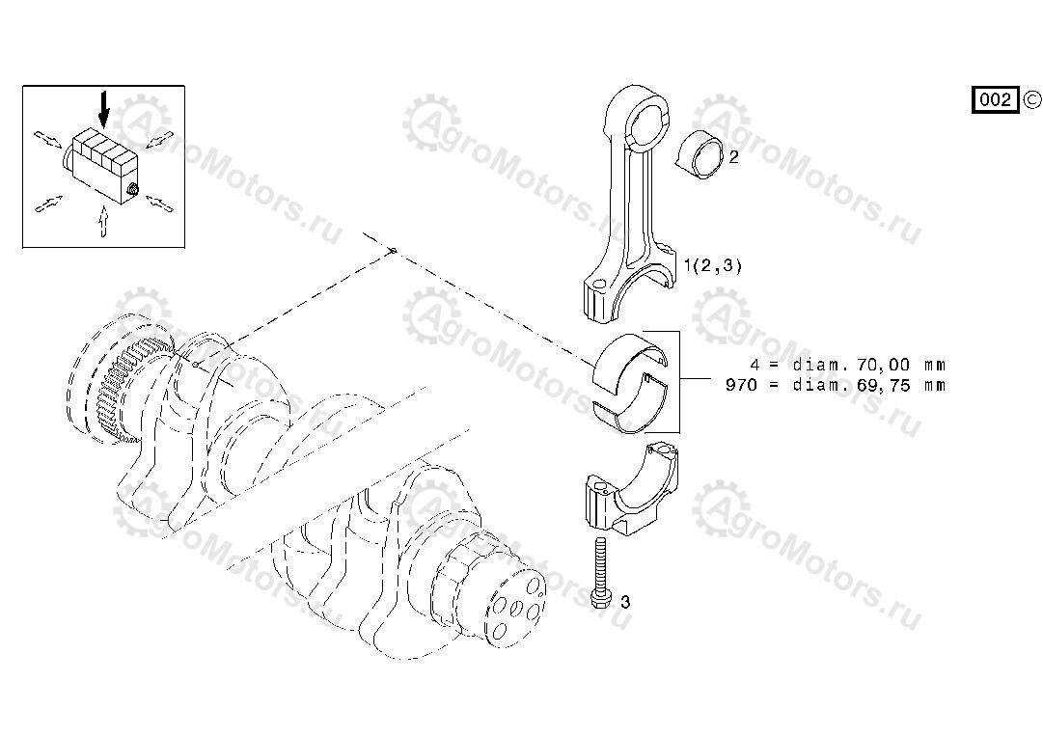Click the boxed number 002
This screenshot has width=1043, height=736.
pyautogui.click(x=995, y=99)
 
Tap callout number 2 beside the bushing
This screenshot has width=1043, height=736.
pyautogui.click(x=733, y=157)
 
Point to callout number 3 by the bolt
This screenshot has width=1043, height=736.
pyautogui.click(x=625, y=602)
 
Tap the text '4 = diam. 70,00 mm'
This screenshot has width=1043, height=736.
pyautogui.click(x=848, y=366)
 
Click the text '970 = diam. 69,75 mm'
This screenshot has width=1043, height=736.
pyautogui.click(x=836, y=385)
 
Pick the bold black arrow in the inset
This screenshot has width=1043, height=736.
pyautogui.click(x=104, y=111)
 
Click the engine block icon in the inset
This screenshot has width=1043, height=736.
pyautogui.click(x=101, y=163)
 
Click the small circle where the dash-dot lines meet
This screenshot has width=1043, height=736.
pyautogui.click(x=393, y=251)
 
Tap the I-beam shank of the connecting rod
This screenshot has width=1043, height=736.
pyautogui.click(x=638, y=212)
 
